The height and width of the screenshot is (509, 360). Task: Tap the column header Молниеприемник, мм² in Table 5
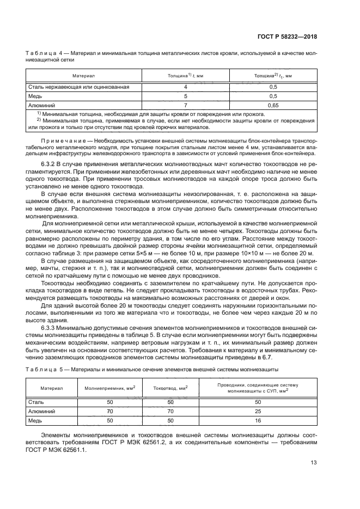coord(109,388)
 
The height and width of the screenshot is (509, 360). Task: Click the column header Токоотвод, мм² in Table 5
coord(170,388)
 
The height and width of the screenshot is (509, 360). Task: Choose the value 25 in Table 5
coord(258,412)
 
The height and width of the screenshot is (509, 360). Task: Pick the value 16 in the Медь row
coord(258,421)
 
